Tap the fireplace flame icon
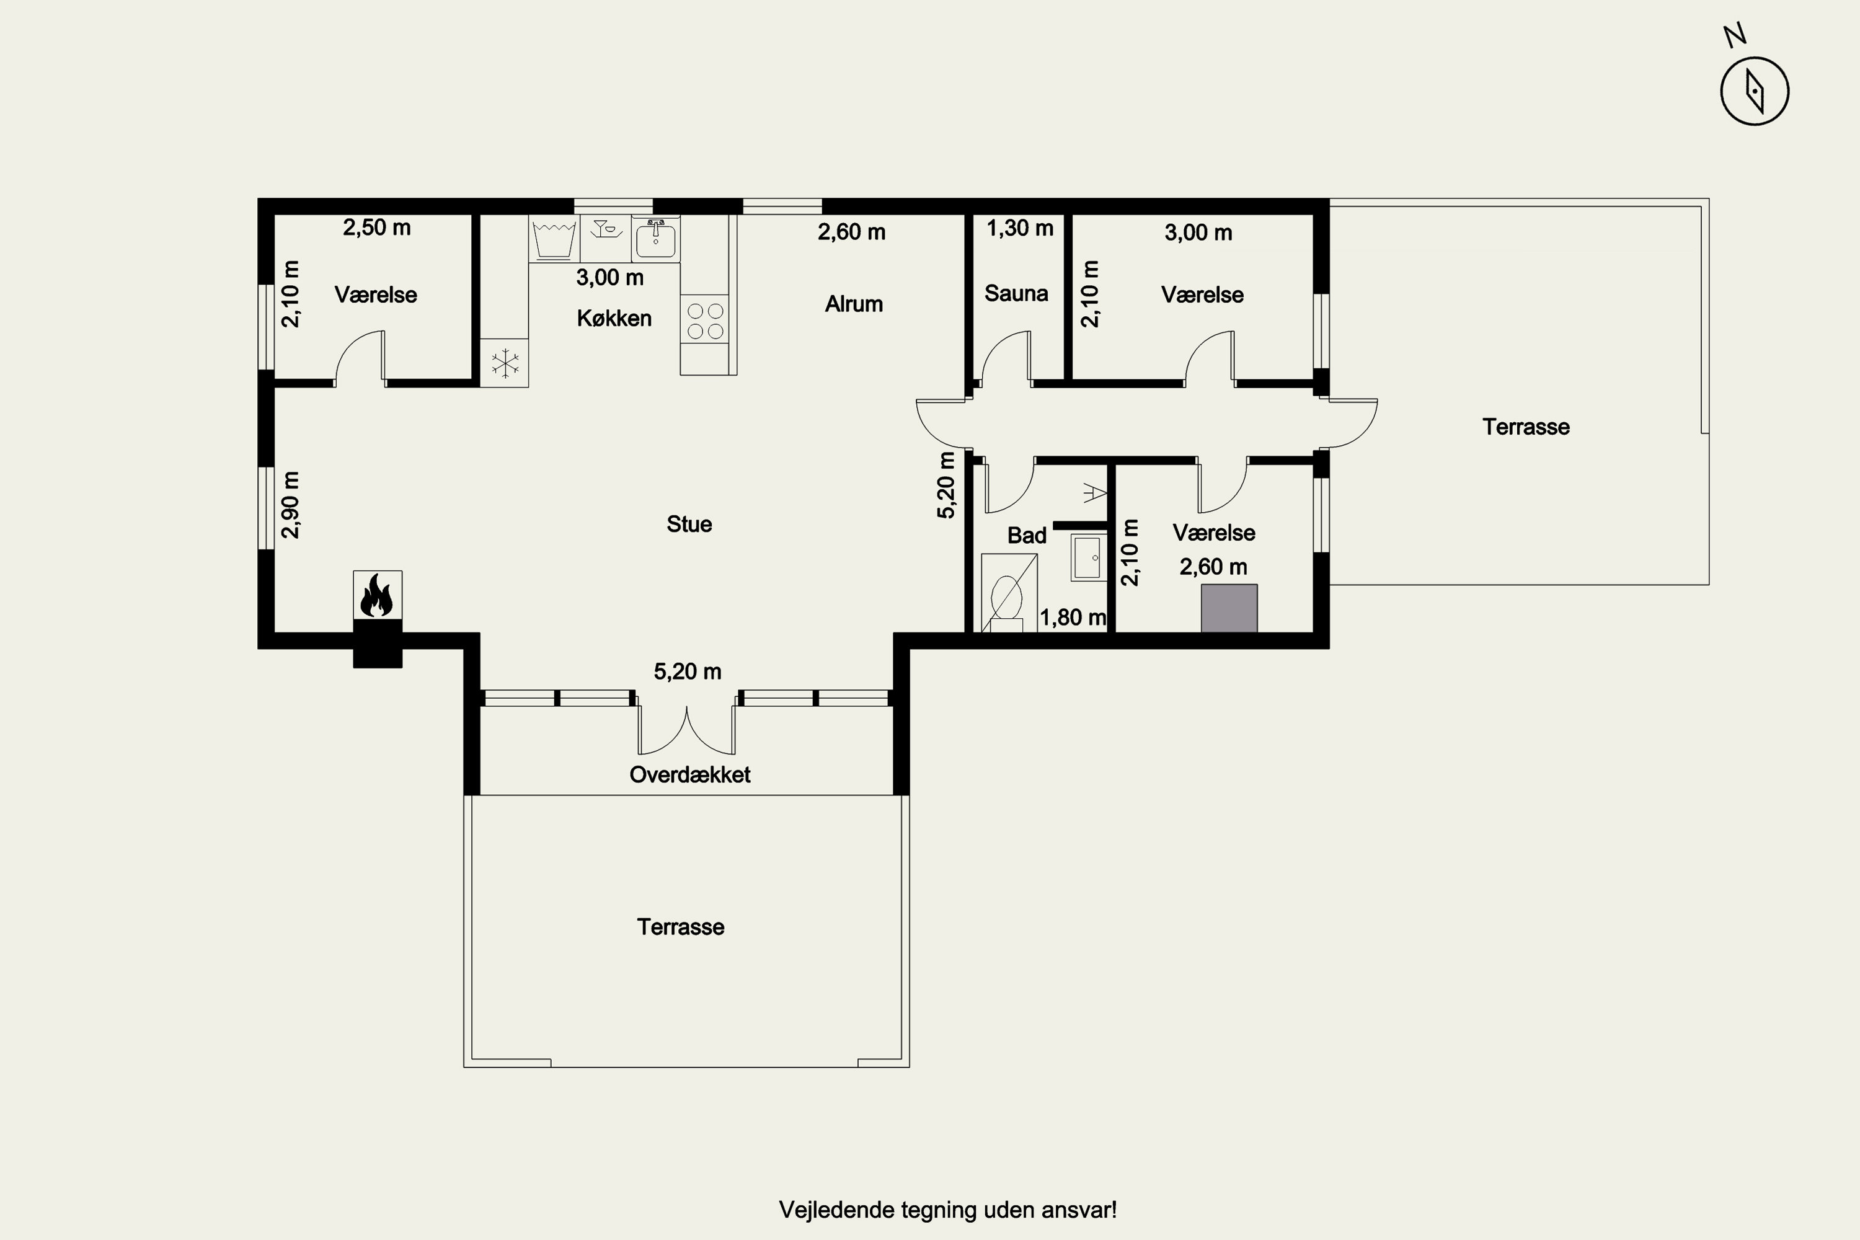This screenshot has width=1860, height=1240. tap(377, 595)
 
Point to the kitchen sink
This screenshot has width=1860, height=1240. tap(655, 239)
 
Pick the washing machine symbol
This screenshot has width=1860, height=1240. tap(554, 239)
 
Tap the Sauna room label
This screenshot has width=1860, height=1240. tap(1016, 293)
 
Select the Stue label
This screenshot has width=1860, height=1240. tap(689, 525)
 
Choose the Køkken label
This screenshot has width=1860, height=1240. tap(614, 318)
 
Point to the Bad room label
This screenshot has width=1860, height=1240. tap(1027, 536)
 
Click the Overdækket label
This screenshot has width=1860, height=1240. tap(689, 774)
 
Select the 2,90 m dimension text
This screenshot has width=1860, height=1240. tap(291, 505)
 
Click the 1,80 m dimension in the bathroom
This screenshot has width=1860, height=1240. tap(1073, 617)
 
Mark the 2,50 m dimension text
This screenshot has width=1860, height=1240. tap(376, 228)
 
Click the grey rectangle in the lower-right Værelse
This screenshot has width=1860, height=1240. tap(1229, 608)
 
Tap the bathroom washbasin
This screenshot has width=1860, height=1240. tap(1088, 557)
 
